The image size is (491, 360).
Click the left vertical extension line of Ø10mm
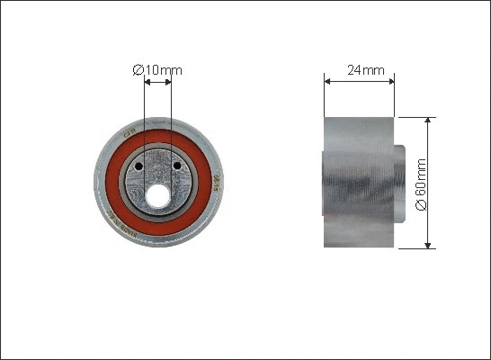(x=144, y=117)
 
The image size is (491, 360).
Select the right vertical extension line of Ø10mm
(x=171, y=117)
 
